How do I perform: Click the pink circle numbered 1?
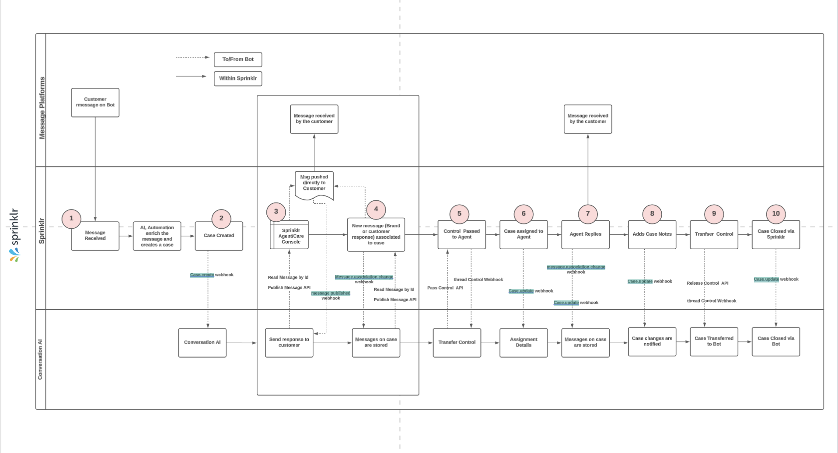(71, 219)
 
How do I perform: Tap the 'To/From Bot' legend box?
(238, 59)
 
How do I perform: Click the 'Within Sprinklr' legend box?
(238, 79)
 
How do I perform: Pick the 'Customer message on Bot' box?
(95, 102)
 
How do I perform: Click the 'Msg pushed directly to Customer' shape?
(314, 184)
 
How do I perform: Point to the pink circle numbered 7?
(587, 214)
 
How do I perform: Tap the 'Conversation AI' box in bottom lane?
(202, 343)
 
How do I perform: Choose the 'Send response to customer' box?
(289, 343)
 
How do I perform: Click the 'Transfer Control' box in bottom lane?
(457, 343)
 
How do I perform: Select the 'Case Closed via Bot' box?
(775, 341)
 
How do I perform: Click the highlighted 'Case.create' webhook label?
(202, 275)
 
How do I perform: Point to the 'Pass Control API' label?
(445, 288)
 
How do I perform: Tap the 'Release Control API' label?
(707, 283)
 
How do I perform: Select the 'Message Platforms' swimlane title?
(42, 108)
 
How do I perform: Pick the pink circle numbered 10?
(775, 214)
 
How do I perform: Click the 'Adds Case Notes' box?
(652, 235)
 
